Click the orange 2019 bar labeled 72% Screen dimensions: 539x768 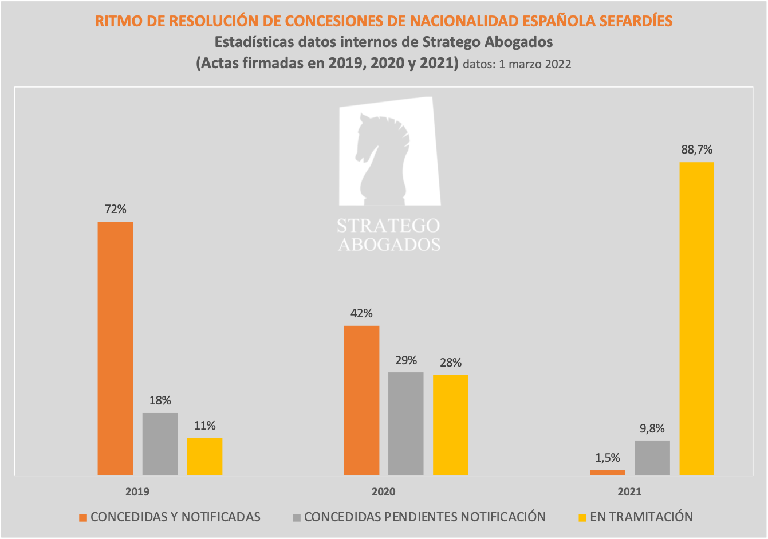[x=115, y=348]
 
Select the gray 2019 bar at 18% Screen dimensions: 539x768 [x=160, y=444]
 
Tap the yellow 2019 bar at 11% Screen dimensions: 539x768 [x=204, y=457]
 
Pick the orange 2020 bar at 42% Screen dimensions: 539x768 [x=361, y=400]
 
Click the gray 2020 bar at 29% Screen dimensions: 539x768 [x=406, y=424]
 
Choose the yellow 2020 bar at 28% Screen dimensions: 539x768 [x=450, y=425]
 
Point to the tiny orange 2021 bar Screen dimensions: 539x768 [x=608, y=473]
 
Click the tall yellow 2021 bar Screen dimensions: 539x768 [x=696, y=318]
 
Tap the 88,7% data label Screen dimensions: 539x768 [x=696, y=150]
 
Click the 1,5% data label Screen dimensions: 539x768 [x=608, y=458]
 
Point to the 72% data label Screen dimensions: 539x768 [x=115, y=210]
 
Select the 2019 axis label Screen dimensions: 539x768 [x=137, y=492]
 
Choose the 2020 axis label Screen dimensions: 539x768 [x=383, y=492]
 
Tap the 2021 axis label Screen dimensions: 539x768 [x=629, y=492]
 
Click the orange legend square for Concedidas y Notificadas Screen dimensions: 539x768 [x=83, y=517]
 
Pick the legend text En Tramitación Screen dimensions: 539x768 [x=641, y=517]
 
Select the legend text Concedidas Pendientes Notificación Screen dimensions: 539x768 [x=425, y=517]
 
